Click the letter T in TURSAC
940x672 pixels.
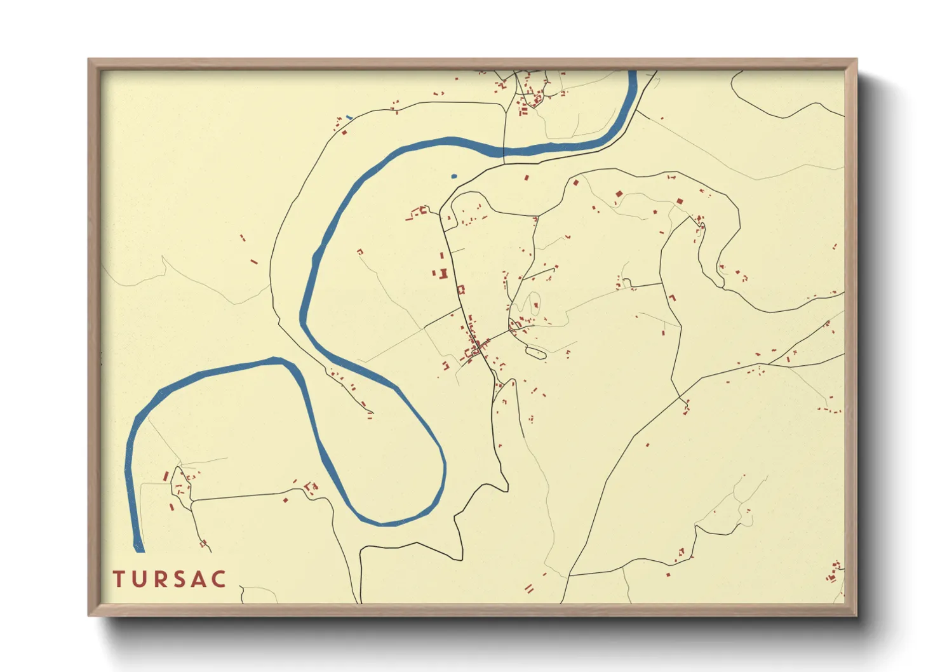click(x=118, y=579)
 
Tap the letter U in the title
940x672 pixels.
click(x=140, y=579)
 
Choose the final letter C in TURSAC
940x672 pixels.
click(x=220, y=579)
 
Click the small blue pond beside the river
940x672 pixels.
click(x=453, y=176)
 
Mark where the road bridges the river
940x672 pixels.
click(x=504, y=151)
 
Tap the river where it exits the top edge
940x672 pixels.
click(x=633, y=74)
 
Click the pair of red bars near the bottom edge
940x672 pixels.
click(x=528, y=589)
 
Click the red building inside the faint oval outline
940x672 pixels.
click(x=535, y=306)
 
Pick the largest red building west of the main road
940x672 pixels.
click(x=443, y=274)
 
